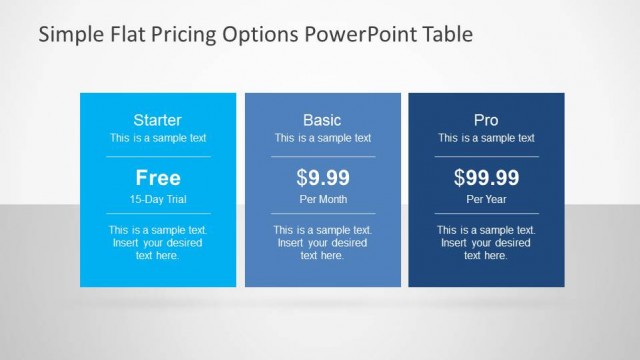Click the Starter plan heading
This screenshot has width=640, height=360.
pyautogui.click(x=158, y=119)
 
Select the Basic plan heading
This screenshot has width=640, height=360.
pyautogui.click(x=322, y=119)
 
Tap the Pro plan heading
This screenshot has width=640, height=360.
pyautogui.click(x=486, y=119)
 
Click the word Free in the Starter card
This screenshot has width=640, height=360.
pyautogui.click(x=158, y=178)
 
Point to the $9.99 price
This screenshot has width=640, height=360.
pyautogui.click(x=322, y=178)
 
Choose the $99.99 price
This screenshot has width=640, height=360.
pyautogui.click(x=486, y=178)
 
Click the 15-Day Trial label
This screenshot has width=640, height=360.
pyautogui.click(x=158, y=199)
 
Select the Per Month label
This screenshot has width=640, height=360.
pyautogui.click(x=322, y=199)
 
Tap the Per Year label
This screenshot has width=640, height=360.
pyautogui.click(x=486, y=199)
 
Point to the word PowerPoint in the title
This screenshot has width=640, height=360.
pyautogui.click(x=353, y=35)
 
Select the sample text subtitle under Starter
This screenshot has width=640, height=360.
pyautogui.click(x=158, y=138)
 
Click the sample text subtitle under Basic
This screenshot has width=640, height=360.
pyautogui.click(x=322, y=138)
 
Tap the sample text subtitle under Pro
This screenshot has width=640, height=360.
pyautogui.click(x=486, y=138)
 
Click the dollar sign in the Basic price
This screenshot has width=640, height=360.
pyautogui.click(x=302, y=178)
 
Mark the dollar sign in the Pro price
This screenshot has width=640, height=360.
pyautogui.click(x=459, y=178)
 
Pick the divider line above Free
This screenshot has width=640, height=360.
pyautogui.click(x=158, y=156)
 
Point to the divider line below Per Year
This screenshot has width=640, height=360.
pyautogui.click(x=486, y=213)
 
